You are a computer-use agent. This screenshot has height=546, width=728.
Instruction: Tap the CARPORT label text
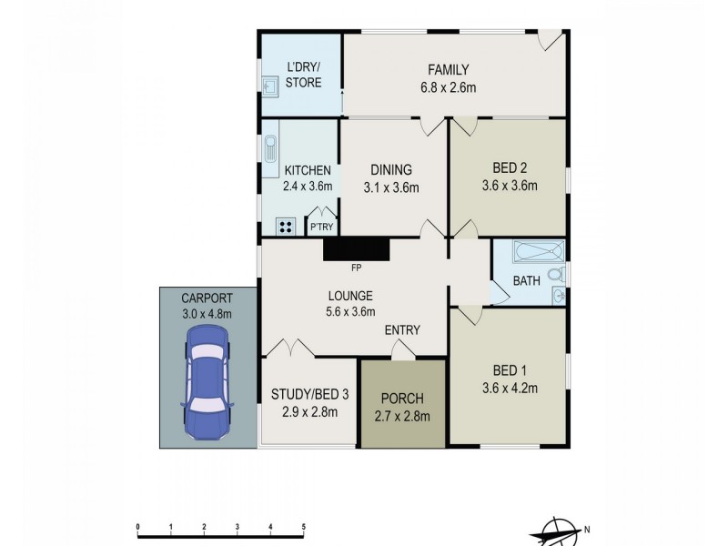pyautogui.click(x=206, y=298)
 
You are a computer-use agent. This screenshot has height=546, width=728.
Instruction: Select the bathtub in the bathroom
pyautogui.click(x=539, y=251)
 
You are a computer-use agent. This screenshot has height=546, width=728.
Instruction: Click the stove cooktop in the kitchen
pyautogui.click(x=286, y=227)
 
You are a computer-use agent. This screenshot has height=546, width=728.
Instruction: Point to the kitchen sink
pyautogui.click(x=270, y=149)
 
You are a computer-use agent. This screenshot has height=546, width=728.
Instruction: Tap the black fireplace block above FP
pyautogui.click(x=356, y=248)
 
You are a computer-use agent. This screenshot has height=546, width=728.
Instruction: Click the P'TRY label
pyautogui.click(x=319, y=227)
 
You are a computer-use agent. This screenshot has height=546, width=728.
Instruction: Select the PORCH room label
pyautogui.click(x=402, y=399)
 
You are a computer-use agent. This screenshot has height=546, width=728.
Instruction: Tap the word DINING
pyautogui.click(x=391, y=169)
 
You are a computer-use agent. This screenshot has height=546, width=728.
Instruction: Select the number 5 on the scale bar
pyautogui.click(x=304, y=527)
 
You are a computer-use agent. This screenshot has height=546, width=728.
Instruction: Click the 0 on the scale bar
pyautogui.click(x=136, y=527)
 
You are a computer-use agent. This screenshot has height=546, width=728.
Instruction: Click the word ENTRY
pyautogui.click(x=401, y=329)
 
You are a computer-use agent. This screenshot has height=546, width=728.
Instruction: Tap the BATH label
pyautogui.click(x=526, y=282)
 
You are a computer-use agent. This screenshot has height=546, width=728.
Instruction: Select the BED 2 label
pyautogui.click(x=510, y=168)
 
